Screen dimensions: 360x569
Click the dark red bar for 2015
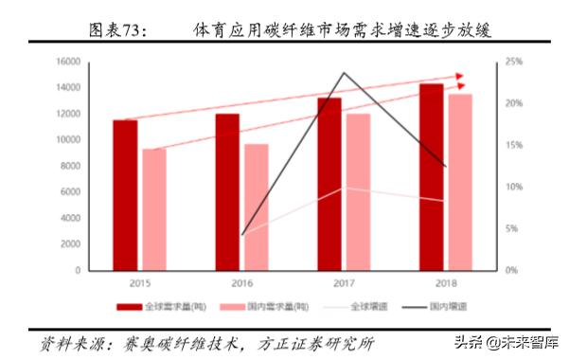coord(126,195)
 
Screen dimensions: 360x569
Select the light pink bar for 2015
coord(153,209)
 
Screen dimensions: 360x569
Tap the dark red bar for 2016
coord(227,192)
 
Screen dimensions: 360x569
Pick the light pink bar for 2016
coord(257,207)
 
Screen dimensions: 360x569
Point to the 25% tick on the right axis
coord(512,62)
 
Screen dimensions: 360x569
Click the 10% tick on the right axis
coord(512,187)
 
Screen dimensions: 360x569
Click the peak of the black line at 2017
coord(344,72)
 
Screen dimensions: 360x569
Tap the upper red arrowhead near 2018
coord(461,75)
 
